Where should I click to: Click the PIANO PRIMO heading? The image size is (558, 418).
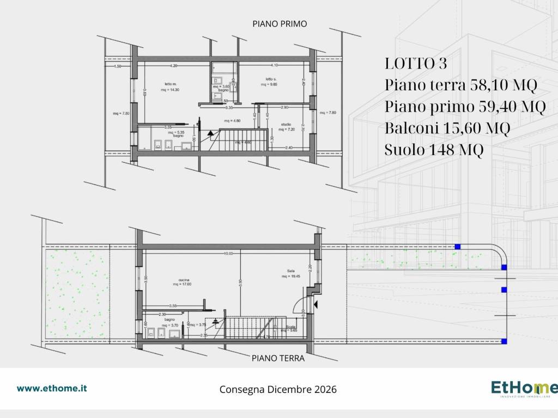280,23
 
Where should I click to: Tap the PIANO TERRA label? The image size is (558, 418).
277,359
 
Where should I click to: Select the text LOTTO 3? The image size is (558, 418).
416,64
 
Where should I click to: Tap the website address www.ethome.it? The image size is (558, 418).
52,389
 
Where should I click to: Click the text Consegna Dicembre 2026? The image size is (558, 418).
278,390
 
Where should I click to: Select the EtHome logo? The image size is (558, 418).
524,389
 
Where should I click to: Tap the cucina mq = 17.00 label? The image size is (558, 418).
183,281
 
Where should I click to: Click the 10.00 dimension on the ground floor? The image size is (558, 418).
228,254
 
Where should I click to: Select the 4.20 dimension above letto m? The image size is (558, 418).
173,66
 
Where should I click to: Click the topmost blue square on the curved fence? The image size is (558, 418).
458,247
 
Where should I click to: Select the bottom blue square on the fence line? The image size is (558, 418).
504,341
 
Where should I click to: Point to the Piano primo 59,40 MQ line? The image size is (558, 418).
465,107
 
